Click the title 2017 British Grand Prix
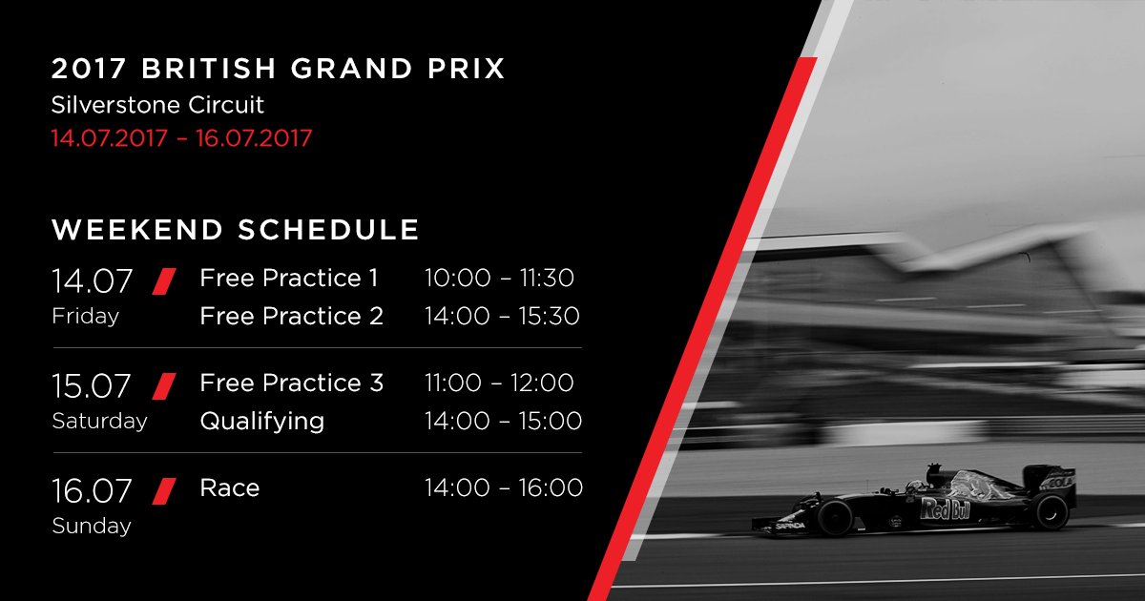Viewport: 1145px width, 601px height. coord(279,69)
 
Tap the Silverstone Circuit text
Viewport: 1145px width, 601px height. coord(157,105)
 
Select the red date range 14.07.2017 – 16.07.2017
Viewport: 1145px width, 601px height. coord(181,138)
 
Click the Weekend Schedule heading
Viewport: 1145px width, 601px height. coord(236,230)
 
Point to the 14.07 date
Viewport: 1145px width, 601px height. coord(92,281)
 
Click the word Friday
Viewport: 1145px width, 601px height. coord(85,317)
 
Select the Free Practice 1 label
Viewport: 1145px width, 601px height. coord(289,278)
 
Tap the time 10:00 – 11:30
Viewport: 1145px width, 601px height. coord(499,278)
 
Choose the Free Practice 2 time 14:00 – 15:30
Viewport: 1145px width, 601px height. coord(502,316)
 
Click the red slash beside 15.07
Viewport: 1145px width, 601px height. coord(164,385)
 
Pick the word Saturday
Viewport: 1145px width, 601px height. coord(99,421)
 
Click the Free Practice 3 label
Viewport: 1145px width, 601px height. coord(291,383)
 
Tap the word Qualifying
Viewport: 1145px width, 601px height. coord(262,422)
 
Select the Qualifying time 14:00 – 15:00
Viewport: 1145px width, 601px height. coord(504,421)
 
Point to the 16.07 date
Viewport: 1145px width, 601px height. coord(92,490)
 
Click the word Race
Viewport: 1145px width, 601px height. coord(230,487)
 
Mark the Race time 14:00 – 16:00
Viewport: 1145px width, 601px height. coord(504,487)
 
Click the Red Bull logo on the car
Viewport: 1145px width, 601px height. coord(945,509)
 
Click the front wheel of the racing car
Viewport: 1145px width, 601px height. coord(835,517)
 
